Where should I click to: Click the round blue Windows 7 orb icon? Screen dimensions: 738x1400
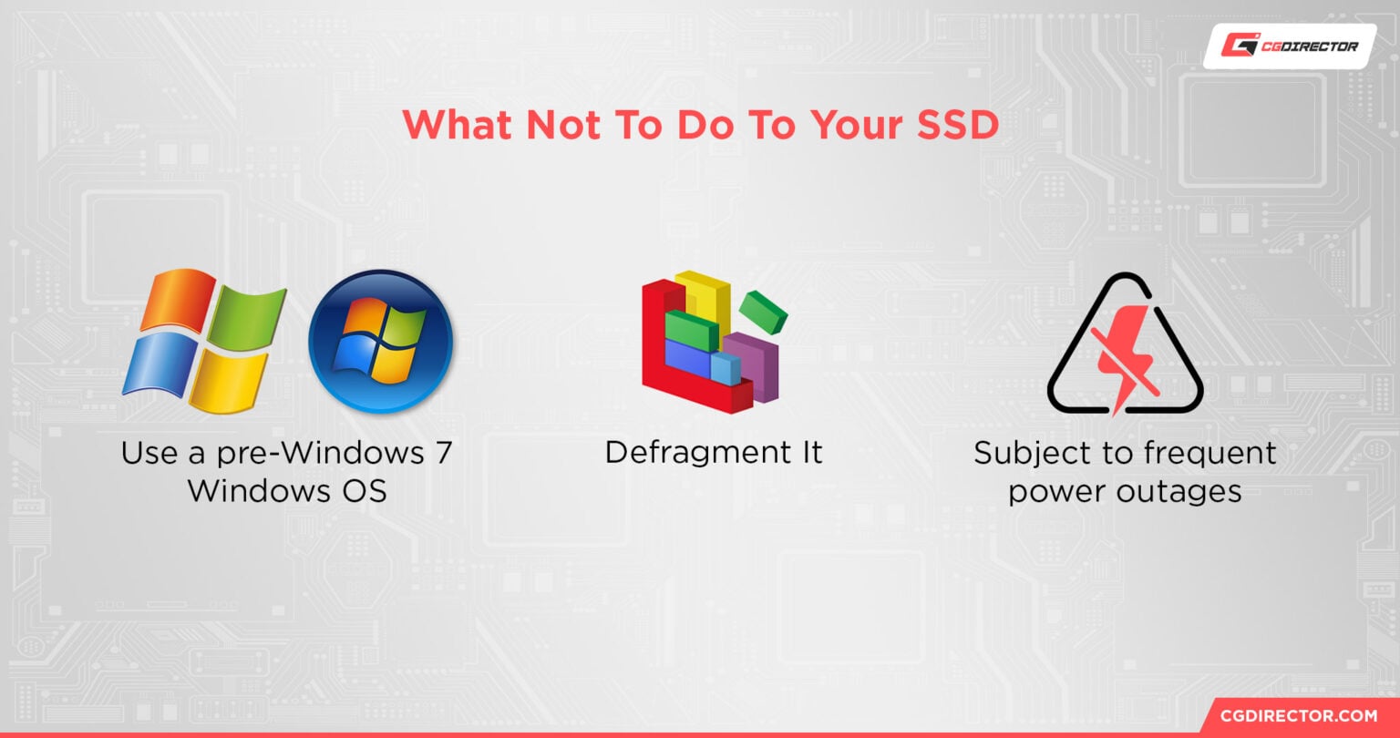(380, 341)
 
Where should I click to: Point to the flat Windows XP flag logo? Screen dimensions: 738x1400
(204, 336)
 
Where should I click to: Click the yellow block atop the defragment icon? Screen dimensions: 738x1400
(707, 292)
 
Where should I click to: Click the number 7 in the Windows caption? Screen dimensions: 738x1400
(440, 453)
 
